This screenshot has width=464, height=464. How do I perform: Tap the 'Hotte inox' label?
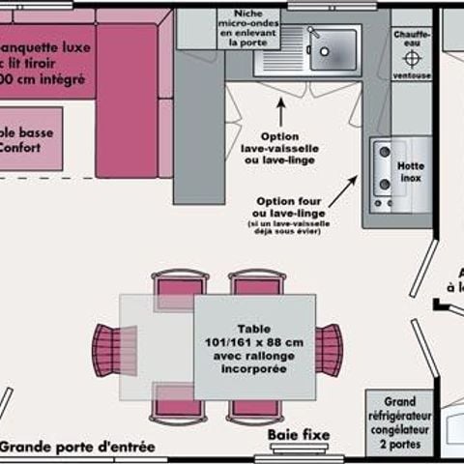click(x=411, y=172)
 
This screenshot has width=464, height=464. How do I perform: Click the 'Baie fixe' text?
click(x=299, y=436)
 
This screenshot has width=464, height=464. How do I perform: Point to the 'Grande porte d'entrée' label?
click(x=77, y=447)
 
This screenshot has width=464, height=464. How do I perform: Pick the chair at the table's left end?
click(x=107, y=349)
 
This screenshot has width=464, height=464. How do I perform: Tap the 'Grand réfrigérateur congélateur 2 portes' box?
click(x=400, y=421)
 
